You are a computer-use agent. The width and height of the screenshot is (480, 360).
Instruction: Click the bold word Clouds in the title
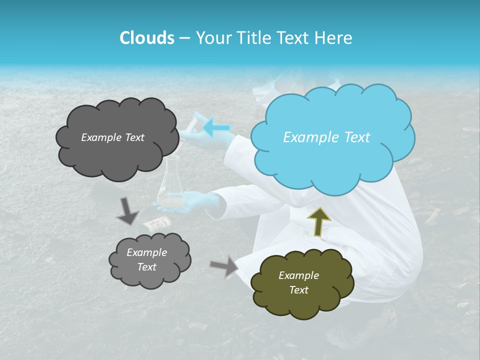146,38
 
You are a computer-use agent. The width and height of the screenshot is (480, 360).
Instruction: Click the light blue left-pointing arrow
216,127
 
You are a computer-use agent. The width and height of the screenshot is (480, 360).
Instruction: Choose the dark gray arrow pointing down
127,211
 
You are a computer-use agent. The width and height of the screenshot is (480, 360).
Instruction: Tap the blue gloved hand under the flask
200,204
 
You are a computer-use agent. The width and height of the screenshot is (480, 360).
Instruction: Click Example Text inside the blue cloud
326,137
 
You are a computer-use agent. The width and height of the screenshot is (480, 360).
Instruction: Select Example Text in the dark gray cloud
112,137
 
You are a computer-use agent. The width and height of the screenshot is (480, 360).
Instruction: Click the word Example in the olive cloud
298,275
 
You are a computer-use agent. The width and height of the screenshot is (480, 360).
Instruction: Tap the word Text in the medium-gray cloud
147,267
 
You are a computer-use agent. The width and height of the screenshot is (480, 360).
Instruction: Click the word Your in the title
213,38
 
